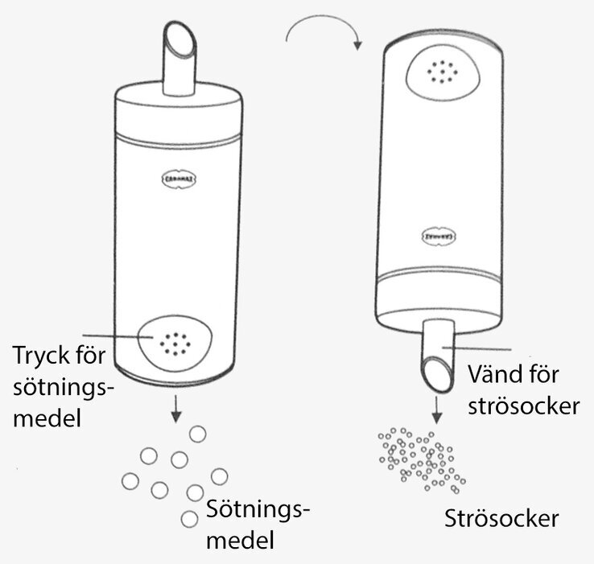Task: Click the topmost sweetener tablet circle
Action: point(196,434)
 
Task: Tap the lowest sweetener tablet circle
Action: point(189,519)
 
